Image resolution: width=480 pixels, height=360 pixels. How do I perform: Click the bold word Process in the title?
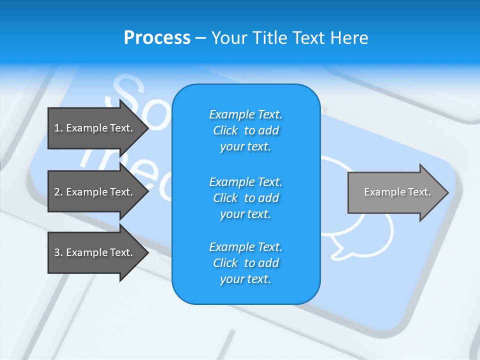click(157, 38)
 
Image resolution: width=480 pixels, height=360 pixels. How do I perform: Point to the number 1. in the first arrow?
click(58, 128)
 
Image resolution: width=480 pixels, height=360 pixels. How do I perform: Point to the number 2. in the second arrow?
click(58, 192)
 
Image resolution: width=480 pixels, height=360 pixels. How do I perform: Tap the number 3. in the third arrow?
click(58, 252)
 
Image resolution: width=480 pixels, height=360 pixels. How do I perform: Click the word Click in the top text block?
click(225, 130)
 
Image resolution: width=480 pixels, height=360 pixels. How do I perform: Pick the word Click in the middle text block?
click(225, 198)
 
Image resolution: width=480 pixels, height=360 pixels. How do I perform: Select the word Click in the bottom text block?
click(225, 263)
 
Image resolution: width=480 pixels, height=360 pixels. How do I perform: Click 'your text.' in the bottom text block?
click(245, 279)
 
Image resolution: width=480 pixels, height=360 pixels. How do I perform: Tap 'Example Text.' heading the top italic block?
click(245, 114)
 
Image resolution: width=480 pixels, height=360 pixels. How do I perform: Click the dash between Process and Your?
click(200, 38)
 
